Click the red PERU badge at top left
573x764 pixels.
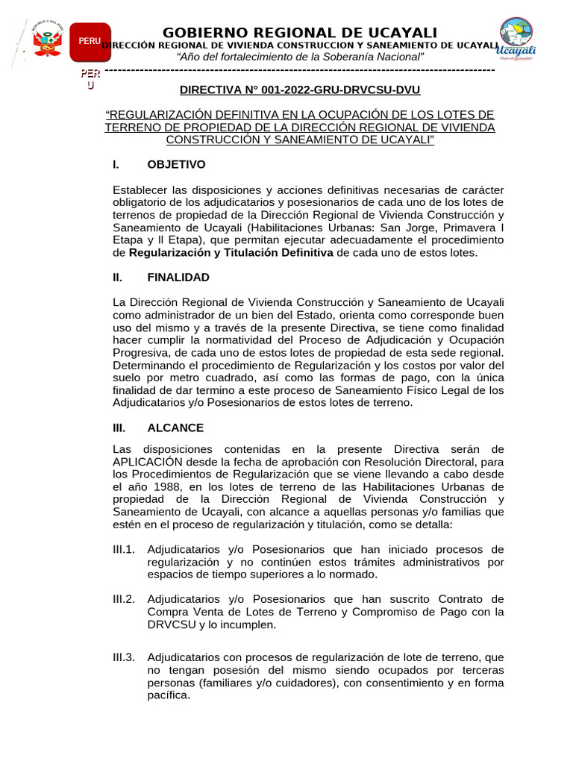(x=90, y=41)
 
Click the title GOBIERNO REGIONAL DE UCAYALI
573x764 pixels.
(x=300, y=32)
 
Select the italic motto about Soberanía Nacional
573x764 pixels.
(x=300, y=58)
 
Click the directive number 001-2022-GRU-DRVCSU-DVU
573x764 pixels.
(x=300, y=90)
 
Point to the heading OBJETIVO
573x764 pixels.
(x=176, y=164)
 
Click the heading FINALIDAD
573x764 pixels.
(x=178, y=278)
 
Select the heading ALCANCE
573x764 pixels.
(x=175, y=428)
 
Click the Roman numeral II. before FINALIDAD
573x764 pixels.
(x=118, y=278)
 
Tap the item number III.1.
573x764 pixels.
(x=124, y=550)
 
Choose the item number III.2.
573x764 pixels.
(x=124, y=599)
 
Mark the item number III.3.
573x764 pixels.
(x=124, y=657)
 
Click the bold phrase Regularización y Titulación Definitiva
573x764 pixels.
(x=231, y=253)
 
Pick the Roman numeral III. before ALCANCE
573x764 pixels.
(x=119, y=428)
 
